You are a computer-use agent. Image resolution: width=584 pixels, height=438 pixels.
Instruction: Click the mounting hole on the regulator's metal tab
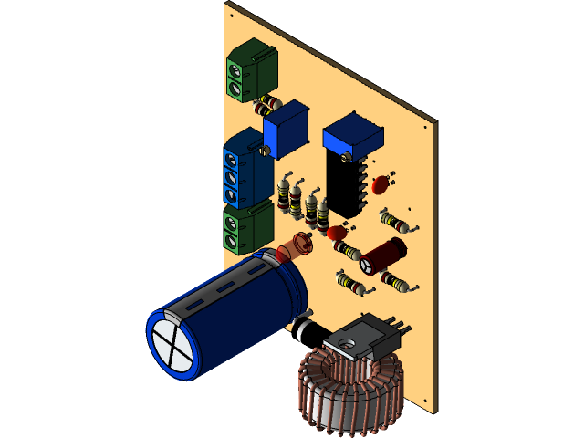pos(348,342)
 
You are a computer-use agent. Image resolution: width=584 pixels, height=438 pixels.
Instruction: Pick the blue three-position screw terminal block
pos(242,170)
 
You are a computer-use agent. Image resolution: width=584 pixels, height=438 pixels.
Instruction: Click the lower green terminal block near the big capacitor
pos(245,228)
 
